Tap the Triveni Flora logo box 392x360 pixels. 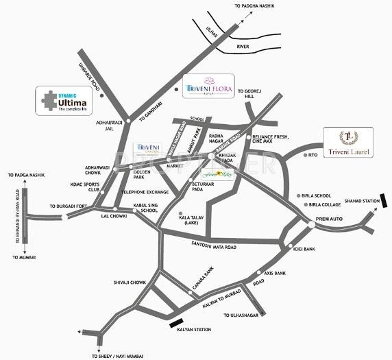(210, 87)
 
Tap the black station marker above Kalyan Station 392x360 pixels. (176, 322)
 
